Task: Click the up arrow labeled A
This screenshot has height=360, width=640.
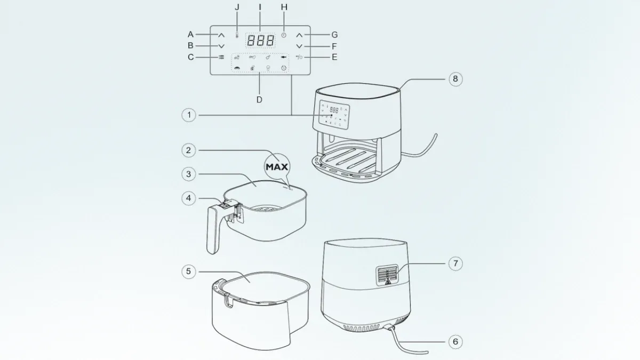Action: tap(221, 35)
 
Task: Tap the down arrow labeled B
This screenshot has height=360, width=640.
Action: tap(221, 46)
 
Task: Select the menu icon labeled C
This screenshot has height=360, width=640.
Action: tap(221, 57)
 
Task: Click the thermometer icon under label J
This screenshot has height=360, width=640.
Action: tap(237, 35)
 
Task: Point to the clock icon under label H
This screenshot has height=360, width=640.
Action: tap(284, 35)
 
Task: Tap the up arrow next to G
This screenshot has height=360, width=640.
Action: tap(299, 35)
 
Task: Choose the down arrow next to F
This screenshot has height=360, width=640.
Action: tap(299, 46)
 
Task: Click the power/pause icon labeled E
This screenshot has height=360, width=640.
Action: tap(299, 57)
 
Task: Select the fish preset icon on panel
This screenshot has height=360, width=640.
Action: tap(283, 58)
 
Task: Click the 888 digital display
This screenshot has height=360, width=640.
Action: tap(260, 41)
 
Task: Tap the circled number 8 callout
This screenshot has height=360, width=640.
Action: tap(455, 79)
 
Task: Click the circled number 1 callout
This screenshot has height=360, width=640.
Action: tap(189, 115)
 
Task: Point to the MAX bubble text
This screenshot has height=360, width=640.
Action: tap(277, 167)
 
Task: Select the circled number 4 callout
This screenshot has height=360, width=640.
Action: tap(189, 198)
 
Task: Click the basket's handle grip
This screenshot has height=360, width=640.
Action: tap(213, 230)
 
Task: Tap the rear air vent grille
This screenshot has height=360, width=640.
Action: tap(387, 275)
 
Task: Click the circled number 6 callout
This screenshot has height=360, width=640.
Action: tap(455, 341)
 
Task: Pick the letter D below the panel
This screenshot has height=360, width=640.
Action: tap(259, 100)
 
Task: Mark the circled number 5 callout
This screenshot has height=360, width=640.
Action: tap(189, 271)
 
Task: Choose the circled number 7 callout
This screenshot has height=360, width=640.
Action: tap(455, 263)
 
